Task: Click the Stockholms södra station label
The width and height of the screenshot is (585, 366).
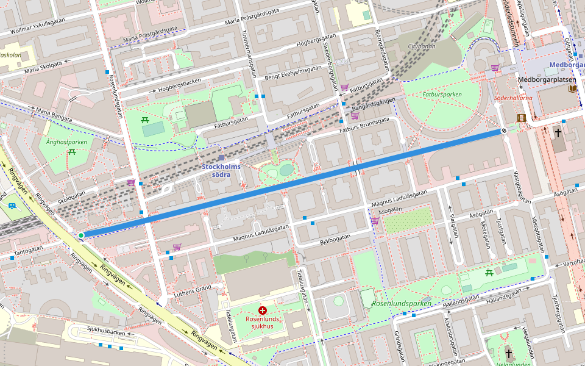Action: click(x=221, y=170)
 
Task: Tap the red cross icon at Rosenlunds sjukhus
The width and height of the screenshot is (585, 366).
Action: click(x=263, y=310)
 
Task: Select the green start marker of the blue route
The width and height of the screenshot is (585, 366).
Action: click(x=81, y=235)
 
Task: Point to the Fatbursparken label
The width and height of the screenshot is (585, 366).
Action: click(x=441, y=95)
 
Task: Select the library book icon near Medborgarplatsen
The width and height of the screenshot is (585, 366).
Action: click(x=572, y=88)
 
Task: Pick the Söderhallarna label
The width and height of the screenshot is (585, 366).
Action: click(x=513, y=98)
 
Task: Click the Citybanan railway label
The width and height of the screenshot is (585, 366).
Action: click(x=417, y=46)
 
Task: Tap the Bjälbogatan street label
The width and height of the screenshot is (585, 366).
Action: click(x=335, y=236)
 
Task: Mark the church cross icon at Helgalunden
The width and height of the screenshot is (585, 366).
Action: click(x=509, y=353)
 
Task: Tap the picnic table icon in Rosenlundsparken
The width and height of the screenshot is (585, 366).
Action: click(x=489, y=273)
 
